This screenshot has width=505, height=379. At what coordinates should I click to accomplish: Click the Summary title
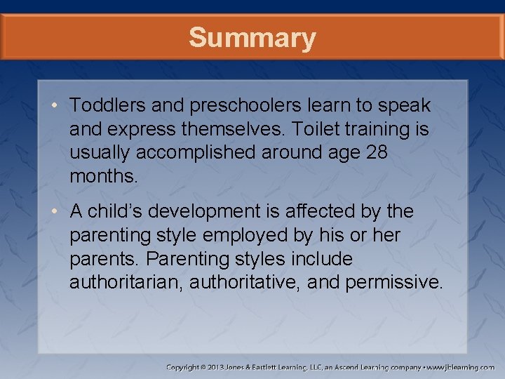[x=252, y=37]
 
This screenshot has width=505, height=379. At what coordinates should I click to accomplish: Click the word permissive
[x=396, y=283]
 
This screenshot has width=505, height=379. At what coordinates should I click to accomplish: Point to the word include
[x=319, y=259]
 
